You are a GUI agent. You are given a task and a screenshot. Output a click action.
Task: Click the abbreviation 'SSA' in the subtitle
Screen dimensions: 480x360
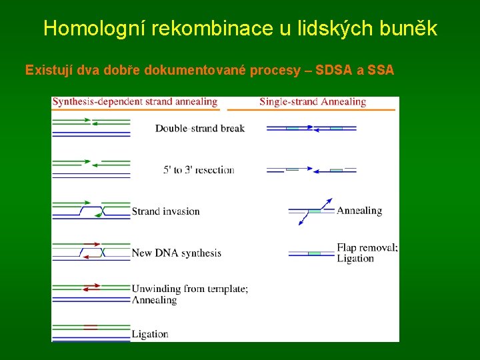[381, 70]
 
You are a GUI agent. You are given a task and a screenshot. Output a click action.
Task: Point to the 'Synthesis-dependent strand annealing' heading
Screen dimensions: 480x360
[135, 102]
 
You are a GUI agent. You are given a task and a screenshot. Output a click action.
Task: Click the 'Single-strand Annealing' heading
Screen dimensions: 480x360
[313, 102]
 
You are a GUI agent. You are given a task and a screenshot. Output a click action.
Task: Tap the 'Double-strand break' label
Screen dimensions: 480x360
[200, 128]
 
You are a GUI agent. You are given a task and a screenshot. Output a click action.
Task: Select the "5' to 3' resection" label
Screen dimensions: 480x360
[199, 169]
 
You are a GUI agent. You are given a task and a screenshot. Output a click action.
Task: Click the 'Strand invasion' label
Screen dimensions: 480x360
[166, 211]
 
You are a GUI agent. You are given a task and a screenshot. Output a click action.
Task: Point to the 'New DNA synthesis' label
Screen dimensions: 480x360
[177, 253]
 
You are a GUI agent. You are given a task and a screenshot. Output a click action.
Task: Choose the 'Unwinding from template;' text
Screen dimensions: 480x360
[190, 289]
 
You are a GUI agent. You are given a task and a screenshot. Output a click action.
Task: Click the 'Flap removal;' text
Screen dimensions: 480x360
[367, 248]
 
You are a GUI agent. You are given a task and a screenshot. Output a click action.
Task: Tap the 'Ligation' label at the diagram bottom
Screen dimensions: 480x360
[150, 334]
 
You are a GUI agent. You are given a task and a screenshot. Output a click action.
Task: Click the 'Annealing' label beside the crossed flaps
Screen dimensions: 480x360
[359, 211]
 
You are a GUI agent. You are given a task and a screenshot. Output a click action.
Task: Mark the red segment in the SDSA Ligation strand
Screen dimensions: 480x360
[91, 327]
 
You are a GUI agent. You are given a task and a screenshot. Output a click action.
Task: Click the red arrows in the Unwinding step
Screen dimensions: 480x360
[91, 287]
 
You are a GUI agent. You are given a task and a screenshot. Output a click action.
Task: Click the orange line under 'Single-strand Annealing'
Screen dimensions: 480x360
[311, 109]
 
